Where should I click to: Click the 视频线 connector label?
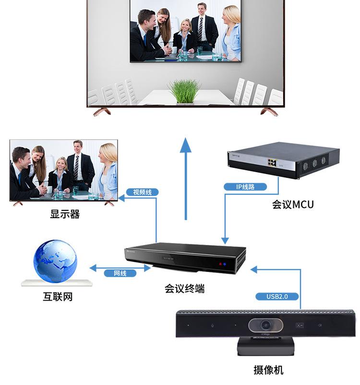pos(142,192)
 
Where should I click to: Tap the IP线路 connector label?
pos(245,187)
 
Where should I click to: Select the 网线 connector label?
pos(120,273)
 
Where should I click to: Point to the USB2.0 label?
pos(277,296)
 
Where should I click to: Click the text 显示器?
pos(65,214)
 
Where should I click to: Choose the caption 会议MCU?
pos(293,205)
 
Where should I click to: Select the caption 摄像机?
pos(268,370)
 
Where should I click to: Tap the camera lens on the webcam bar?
pos(265,325)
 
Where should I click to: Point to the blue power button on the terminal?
pos(224,264)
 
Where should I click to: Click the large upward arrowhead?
pos(185,144)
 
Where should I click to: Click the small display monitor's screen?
pos(63,170)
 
